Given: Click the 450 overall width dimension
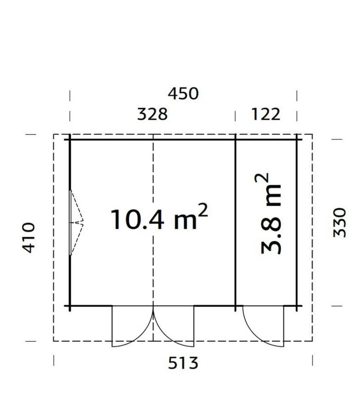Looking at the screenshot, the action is pos(183,94).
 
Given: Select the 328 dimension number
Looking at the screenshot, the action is pos(152,114).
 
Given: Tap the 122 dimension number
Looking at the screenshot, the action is pos(266,114).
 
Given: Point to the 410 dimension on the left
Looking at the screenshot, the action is pos(28,238).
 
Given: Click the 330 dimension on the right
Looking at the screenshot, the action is pos(339,223).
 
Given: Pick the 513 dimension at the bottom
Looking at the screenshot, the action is pos(183,363).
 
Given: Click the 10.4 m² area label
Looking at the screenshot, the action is pos(159,217).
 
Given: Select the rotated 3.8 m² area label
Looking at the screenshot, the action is pos(268,214).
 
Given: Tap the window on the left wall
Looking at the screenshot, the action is pos(70,223).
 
